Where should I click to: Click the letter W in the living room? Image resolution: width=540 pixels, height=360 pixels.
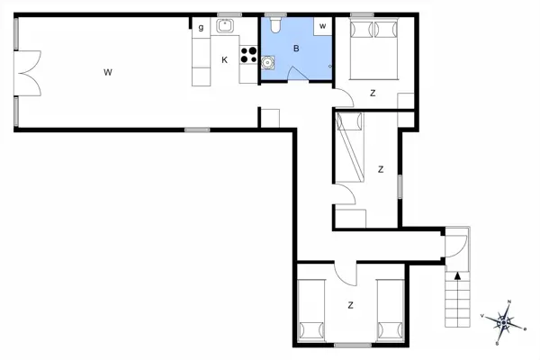point(107,71)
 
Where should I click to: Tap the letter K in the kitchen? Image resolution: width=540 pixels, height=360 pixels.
point(224,60)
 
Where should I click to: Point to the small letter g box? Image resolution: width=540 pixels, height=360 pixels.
point(201,28)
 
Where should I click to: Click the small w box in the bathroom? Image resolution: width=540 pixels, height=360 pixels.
point(321,26)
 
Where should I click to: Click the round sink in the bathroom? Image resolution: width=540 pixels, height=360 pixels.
point(266,62)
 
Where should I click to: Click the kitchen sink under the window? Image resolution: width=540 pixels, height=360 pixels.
point(225,26)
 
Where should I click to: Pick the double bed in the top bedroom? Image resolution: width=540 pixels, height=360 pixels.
point(373,50)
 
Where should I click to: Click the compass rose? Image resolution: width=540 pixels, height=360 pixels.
point(507,319)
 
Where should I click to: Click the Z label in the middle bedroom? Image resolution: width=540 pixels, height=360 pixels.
point(382,169)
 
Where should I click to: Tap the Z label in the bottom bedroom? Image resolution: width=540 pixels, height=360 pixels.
point(351,306)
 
